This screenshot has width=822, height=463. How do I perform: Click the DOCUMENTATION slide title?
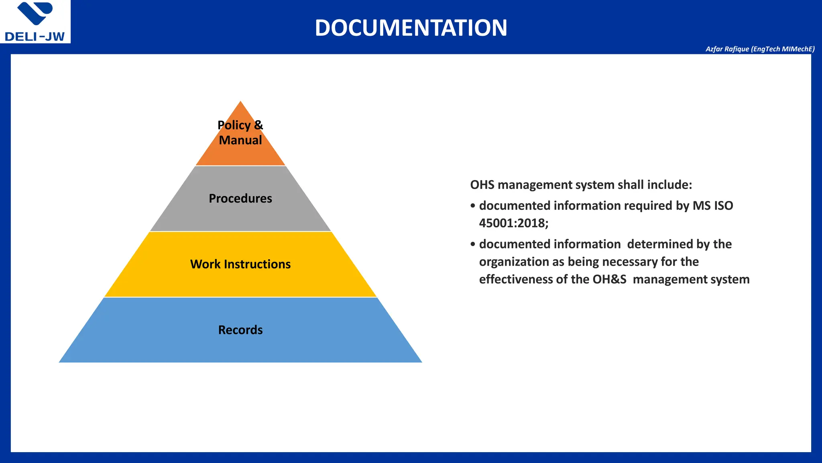[x=411, y=28]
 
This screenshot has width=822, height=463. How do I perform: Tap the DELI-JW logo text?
[x=35, y=37]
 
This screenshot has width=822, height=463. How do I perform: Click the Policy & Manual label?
[x=240, y=133]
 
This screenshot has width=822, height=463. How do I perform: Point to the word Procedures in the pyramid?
[x=240, y=199]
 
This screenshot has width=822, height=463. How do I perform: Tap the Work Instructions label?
[x=240, y=264]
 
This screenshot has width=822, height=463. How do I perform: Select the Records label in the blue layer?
[x=240, y=330]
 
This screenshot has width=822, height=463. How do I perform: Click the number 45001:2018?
[x=513, y=223]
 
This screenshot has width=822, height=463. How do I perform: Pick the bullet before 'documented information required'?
[x=473, y=206]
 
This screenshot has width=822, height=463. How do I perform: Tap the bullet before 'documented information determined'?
[x=473, y=244]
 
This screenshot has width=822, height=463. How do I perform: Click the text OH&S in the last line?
[x=609, y=279]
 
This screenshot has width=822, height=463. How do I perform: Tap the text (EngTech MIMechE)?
[x=783, y=49]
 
